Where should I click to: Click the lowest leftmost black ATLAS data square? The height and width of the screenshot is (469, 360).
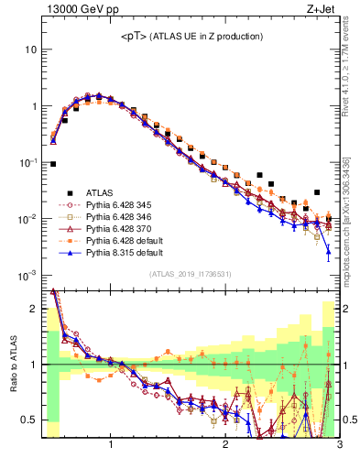pos(53,164)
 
